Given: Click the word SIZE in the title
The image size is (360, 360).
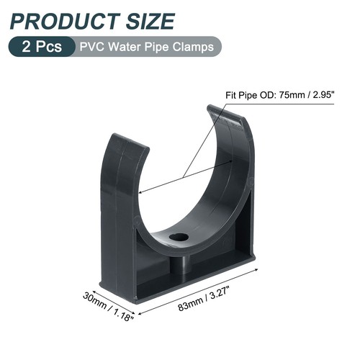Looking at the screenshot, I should pos(147,20).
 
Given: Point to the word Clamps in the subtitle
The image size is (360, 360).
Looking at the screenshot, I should pos(192,47).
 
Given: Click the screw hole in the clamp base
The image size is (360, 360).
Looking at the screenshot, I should pos(179,237).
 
